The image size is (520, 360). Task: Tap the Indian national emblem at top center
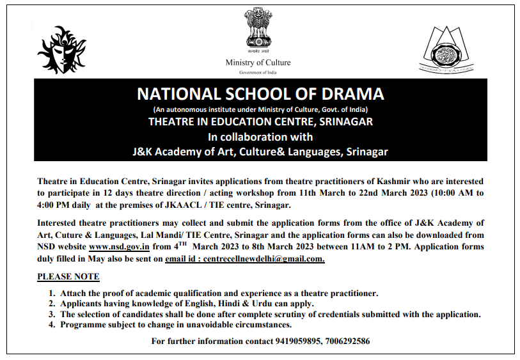pos(258,30)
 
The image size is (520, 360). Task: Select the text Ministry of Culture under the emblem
pos(258,63)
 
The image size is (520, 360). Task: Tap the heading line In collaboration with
pos(260,136)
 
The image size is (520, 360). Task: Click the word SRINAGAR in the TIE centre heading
pos(343,121)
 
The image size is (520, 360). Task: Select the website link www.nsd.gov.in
pos(120,246)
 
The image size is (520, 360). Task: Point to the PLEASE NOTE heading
pos(68,277)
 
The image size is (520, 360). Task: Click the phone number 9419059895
pos(299,341)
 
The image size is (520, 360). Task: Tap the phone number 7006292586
pos(346,341)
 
